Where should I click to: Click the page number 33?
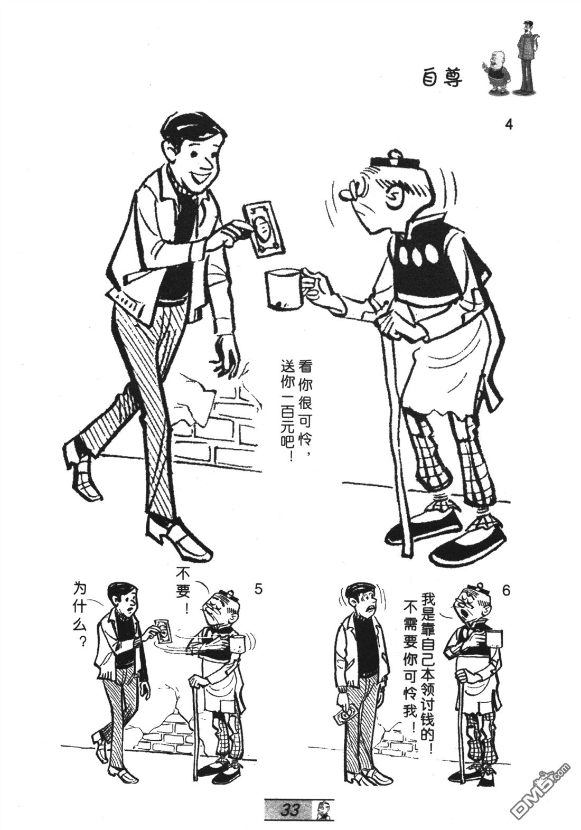pyautogui.click(x=290, y=809)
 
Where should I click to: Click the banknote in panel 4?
pyautogui.click(x=264, y=229)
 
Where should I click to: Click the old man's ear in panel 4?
pyautogui.click(x=395, y=197)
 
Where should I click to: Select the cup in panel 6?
pyautogui.click(x=494, y=639)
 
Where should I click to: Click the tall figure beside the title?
pyautogui.click(x=527, y=55)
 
